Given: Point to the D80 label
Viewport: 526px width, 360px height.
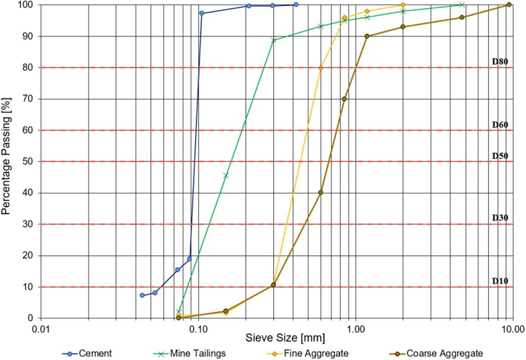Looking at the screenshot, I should [x=500, y=62].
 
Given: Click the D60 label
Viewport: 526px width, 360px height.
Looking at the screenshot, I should [x=500, y=125].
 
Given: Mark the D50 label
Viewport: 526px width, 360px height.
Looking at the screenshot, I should [x=500, y=156].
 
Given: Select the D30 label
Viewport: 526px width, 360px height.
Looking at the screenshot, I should [x=500, y=218].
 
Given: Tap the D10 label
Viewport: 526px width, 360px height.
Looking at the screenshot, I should [x=500, y=281].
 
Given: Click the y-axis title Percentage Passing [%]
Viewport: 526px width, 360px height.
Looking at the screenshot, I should [x=6, y=156].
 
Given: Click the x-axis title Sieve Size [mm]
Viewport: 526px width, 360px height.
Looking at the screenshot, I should [x=285, y=338].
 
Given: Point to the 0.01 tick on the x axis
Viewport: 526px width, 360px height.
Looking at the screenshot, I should [x=41, y=329].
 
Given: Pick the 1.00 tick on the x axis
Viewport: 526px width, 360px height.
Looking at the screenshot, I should [x=355, y=329].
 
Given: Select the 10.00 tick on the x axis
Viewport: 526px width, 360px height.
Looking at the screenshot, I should [x=513, y=329].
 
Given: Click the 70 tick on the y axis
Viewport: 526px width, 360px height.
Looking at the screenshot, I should [x=27, y=99].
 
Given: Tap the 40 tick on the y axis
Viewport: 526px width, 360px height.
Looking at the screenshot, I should [x=27, y=193].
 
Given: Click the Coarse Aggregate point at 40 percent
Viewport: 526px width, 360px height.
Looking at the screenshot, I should [x=320, y=193].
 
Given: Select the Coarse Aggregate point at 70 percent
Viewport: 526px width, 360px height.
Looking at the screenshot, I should [x=344, y=99].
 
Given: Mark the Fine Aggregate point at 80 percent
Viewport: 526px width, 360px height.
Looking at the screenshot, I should [x=320, y=68].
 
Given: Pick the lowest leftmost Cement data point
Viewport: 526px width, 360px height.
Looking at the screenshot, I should [x=142, y=295].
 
